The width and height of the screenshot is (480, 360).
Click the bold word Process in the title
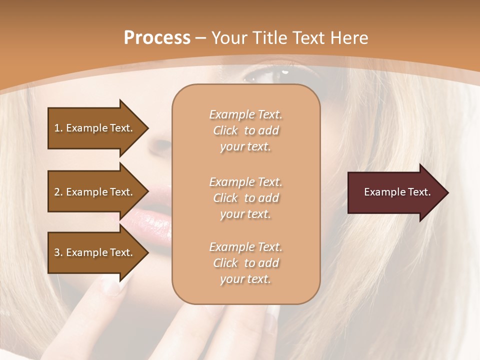click(x=157, y=37)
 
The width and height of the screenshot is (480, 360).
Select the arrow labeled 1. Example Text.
click(x=95, y=128)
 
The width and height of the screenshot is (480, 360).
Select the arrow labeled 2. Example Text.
click(x=95, y=192)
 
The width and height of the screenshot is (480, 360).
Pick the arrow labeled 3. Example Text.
click(x=95, y=252)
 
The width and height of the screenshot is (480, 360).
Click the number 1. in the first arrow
click(x=58, y=128)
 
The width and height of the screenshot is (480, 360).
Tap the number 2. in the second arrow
click(x=58, y=192)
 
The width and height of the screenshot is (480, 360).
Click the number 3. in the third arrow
click(x=58, y=252)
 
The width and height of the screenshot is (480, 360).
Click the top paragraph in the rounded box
click(x=245, y=130)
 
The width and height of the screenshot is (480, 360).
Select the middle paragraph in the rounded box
click(x=245, y=198)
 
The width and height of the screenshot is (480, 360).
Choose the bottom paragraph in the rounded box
click(x=245, y=263)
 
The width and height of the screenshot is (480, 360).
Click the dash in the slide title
click(x=201, y=38)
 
